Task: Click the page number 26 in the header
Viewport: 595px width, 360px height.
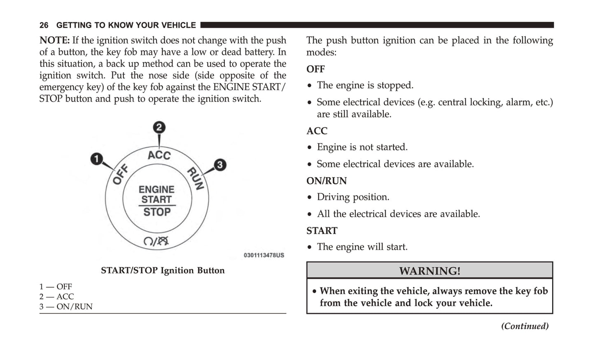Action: (x=44, y=26)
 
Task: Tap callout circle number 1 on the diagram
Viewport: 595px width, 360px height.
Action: (x=96, y=159)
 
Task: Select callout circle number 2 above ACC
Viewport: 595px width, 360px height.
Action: (x=159, y=127)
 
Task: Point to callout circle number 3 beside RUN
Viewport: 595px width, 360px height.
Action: (x=220, y=165)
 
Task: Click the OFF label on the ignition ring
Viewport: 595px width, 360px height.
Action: (x=120, y=174)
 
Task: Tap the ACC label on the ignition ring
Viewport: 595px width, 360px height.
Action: (x=159, y=155)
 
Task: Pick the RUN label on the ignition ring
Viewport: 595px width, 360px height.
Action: (x=196, y=178)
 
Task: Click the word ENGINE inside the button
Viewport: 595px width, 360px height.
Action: (x=156, y=189)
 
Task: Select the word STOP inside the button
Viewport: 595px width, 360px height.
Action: (x=157, y=212)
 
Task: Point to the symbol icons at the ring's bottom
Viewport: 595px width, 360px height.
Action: (x=156, y=241)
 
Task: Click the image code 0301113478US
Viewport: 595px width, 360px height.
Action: (x=264, y=255)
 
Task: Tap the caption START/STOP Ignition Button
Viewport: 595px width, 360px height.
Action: (x=163, y=271)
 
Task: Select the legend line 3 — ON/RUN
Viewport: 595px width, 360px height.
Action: (x=66, y=306)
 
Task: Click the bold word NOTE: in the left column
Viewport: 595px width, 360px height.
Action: (x=54, y=40)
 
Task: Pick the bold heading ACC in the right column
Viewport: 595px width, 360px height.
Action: (x=317, y=131)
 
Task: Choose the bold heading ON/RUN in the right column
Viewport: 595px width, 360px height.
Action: (x=327, y=181)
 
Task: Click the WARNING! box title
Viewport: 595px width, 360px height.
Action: (x=429, y=271)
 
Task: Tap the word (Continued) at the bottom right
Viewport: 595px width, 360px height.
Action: (x=525, y=326)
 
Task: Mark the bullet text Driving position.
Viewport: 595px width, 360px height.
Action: (x=353, y=197)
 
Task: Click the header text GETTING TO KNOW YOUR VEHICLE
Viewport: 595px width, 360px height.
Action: (x=126, y=26)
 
